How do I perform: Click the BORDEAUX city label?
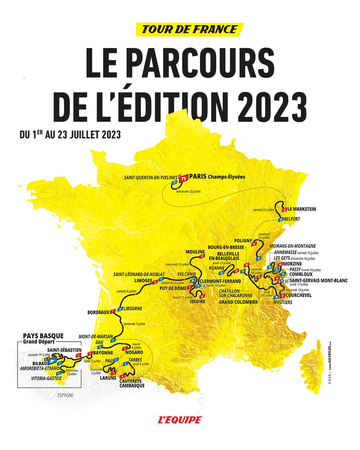[98, 312]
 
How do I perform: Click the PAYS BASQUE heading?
[43, 336]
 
